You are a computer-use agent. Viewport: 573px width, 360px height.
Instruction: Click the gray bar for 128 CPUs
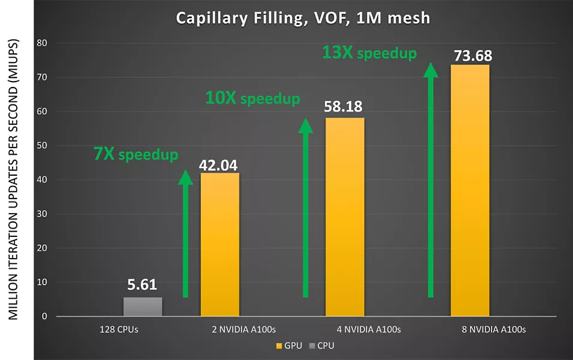coord(143,307)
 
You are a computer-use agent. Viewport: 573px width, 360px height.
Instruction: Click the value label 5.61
coord(143,287)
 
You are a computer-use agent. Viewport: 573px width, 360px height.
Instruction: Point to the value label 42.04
coord(220,163)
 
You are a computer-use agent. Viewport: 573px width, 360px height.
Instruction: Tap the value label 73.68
coord(470,55)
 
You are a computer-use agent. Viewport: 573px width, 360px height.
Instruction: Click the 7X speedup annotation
coord(136,154)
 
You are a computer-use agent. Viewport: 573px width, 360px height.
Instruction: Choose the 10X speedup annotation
coord(252,98)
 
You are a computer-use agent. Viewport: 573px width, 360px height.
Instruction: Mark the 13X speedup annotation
coord(369,53)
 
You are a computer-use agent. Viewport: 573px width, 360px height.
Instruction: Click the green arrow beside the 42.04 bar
coord(186,234)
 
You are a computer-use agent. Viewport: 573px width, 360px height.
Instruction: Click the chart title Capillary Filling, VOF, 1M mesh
coord(302,18)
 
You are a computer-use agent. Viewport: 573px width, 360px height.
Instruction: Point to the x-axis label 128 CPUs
coord(120,329)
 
